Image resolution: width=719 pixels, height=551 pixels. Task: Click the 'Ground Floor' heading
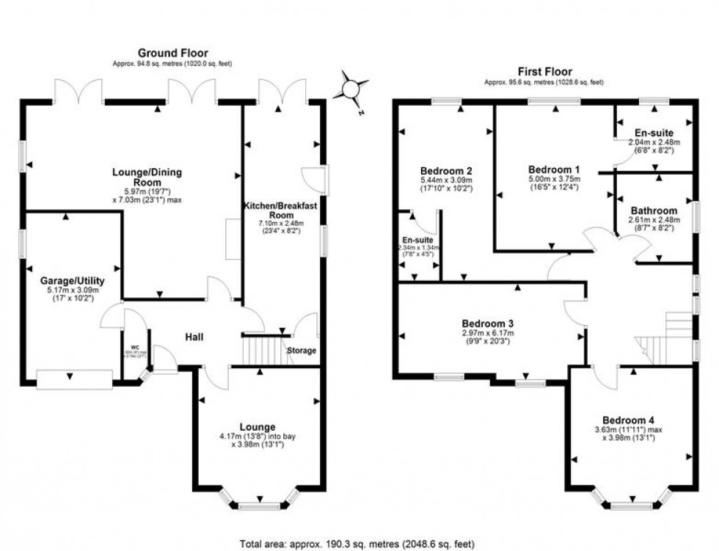pos(173,53)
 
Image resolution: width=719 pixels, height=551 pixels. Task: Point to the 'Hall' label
pos(194,337)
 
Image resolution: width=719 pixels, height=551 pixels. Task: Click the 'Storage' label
pos(301,350)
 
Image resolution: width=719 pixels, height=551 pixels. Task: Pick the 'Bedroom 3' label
pos(487,323)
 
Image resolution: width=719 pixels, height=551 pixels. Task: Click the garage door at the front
pos(75,378)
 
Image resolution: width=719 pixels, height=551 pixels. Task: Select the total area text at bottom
pos(359,544)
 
